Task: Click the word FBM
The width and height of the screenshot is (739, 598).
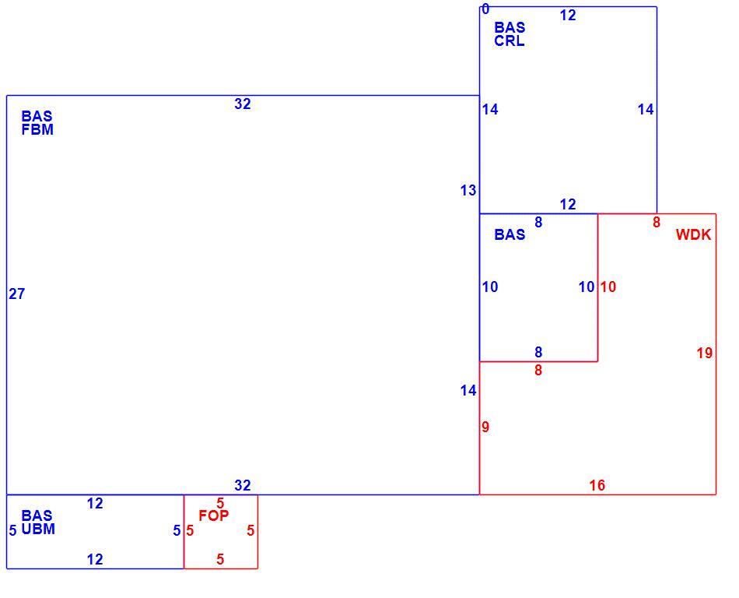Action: tap(37, 130)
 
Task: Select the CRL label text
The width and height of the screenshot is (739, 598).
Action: tap(509, 41)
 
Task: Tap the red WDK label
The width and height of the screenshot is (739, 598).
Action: tap(693, 235)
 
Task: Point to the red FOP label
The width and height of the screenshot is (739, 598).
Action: tap(213, 516)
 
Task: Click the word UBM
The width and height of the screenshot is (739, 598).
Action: tap(38, 529)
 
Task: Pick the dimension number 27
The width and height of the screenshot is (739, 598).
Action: tap(16, 294)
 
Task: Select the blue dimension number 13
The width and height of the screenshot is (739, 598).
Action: tap(468, 191)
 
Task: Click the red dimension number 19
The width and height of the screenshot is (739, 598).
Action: tap(705, 354)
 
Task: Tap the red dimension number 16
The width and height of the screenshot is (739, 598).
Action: tap(597, 485)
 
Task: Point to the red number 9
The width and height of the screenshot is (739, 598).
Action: tap(485, 427)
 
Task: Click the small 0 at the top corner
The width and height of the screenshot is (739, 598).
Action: tap(485, 9)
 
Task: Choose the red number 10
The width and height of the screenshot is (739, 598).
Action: tap(608, 287)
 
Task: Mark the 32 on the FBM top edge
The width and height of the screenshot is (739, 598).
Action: tap(242, 104)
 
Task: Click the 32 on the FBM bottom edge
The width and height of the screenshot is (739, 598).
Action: tap(242, 485)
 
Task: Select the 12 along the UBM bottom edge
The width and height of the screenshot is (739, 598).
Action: tap(95, 560)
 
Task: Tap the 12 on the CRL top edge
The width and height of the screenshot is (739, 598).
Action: tap(568, 16)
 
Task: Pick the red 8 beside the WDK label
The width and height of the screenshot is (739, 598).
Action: tap(657, 223)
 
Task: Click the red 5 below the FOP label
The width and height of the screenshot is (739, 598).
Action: tap(220, 560)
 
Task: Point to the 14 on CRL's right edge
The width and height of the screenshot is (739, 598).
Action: tap(646, 110)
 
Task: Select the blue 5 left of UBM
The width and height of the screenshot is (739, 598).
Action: tap(12, 531)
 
